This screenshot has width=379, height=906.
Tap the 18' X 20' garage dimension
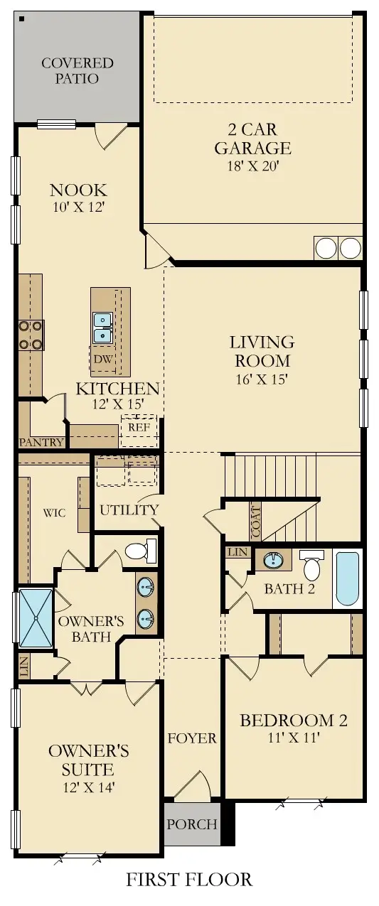[x=253, y=167]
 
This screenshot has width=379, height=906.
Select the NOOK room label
[x=78, y=190]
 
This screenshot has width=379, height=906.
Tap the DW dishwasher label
[x=102, y=359]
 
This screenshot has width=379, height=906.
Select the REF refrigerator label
[x=139, y=428]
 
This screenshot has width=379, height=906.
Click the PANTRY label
[x=41, y=442]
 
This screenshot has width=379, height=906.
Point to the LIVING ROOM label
[x=261, y=351]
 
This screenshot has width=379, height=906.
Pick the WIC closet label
[x=55, y=512]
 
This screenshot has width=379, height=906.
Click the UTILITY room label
[x=129, y=509]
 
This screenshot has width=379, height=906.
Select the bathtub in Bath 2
[x=347, y=578]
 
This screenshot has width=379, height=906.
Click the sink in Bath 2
[x=273, y=561]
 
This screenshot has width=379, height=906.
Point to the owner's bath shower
[x=35, y=617]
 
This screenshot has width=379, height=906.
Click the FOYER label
[x=191, y=738]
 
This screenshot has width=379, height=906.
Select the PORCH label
[x=191, y=824]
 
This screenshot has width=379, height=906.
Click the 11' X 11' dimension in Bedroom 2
[x=294, y=738]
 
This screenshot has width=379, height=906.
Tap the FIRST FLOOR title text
[x=189, y=880]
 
